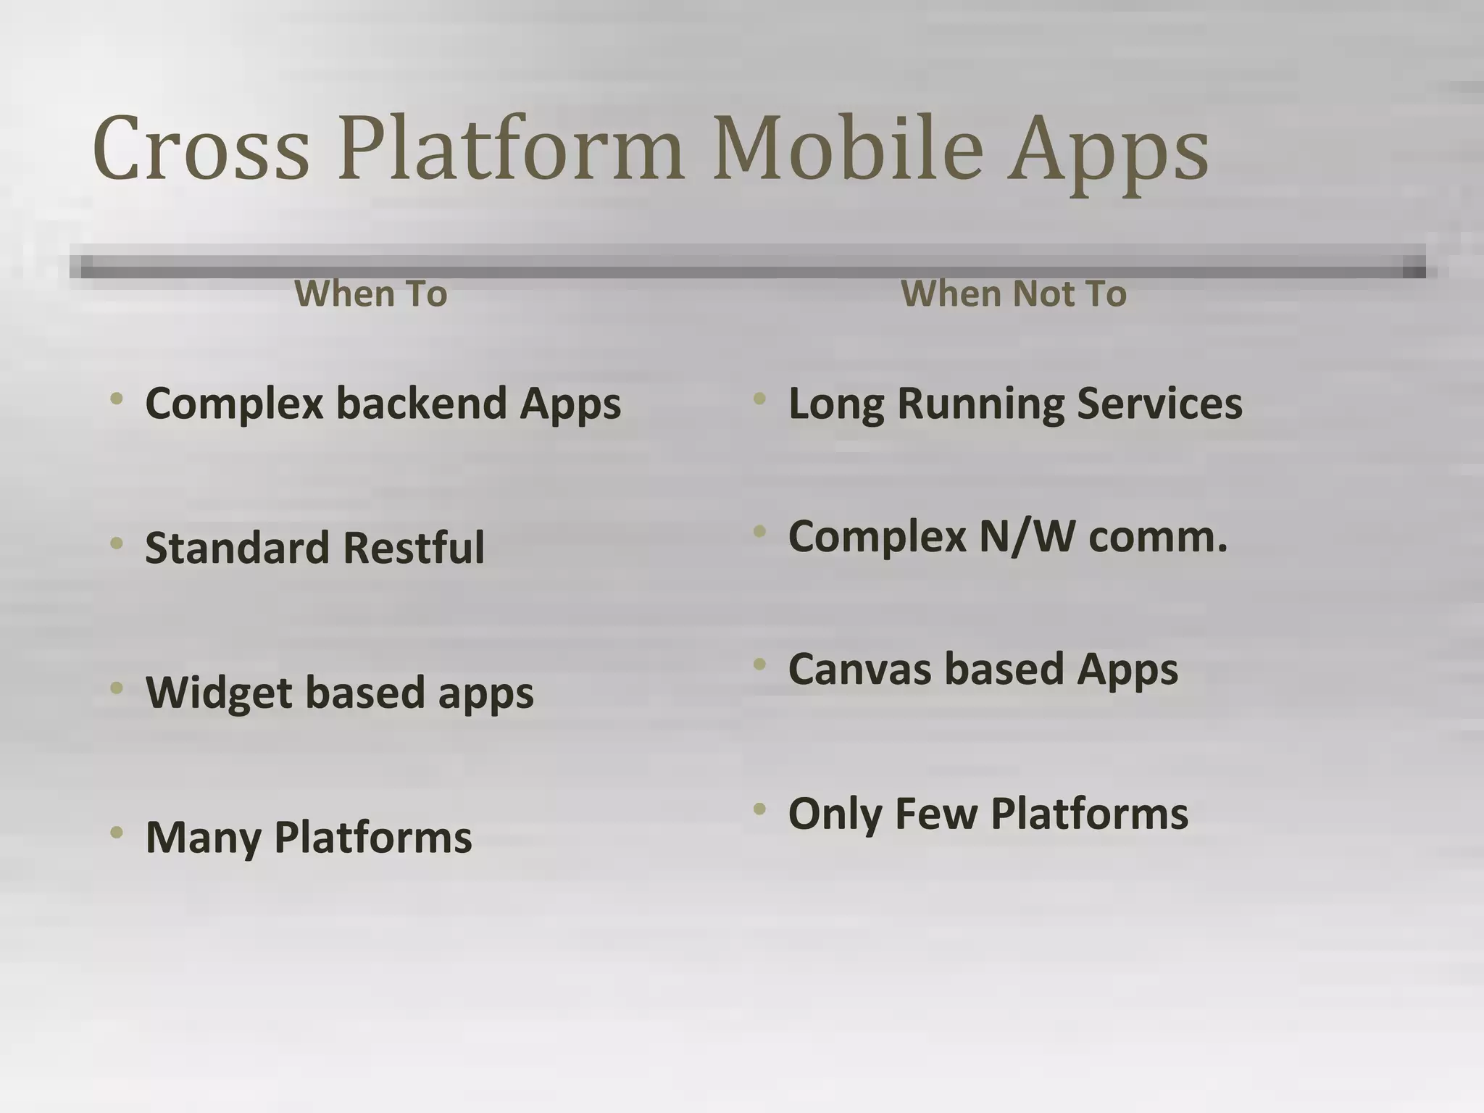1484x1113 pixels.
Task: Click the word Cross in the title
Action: pos(201,149)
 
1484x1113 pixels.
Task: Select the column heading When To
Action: pos(371,294)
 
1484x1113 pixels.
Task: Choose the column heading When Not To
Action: pos(1014,294)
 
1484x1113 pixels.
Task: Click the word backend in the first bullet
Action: pos(421,403)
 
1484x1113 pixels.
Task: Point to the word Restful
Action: pos(414,548)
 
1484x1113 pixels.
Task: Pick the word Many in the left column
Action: pos(203,838)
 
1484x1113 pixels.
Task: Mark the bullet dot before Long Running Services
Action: pos(759,399)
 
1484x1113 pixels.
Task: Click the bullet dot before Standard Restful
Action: pos(117,543)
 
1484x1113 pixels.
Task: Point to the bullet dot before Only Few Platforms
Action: pos(759,809)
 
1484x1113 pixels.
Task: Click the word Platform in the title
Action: pos(511,149)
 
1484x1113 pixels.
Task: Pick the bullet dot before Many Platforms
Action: pos(117,833)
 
